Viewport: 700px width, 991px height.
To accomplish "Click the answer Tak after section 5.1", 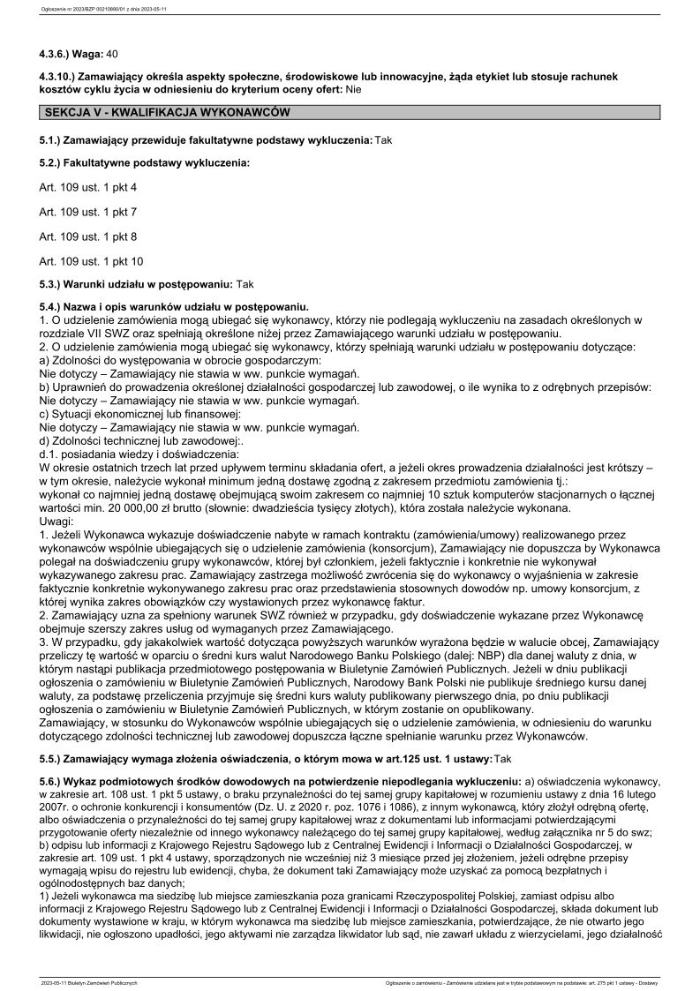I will tap(383, 140).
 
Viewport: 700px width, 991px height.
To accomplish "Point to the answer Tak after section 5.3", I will tap(245, 284).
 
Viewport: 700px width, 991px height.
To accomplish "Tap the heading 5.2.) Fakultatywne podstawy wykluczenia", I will tap(145, 163).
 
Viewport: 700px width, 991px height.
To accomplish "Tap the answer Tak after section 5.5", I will tap(503, 757).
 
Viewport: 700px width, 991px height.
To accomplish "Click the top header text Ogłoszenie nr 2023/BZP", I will tap(97, 10).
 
